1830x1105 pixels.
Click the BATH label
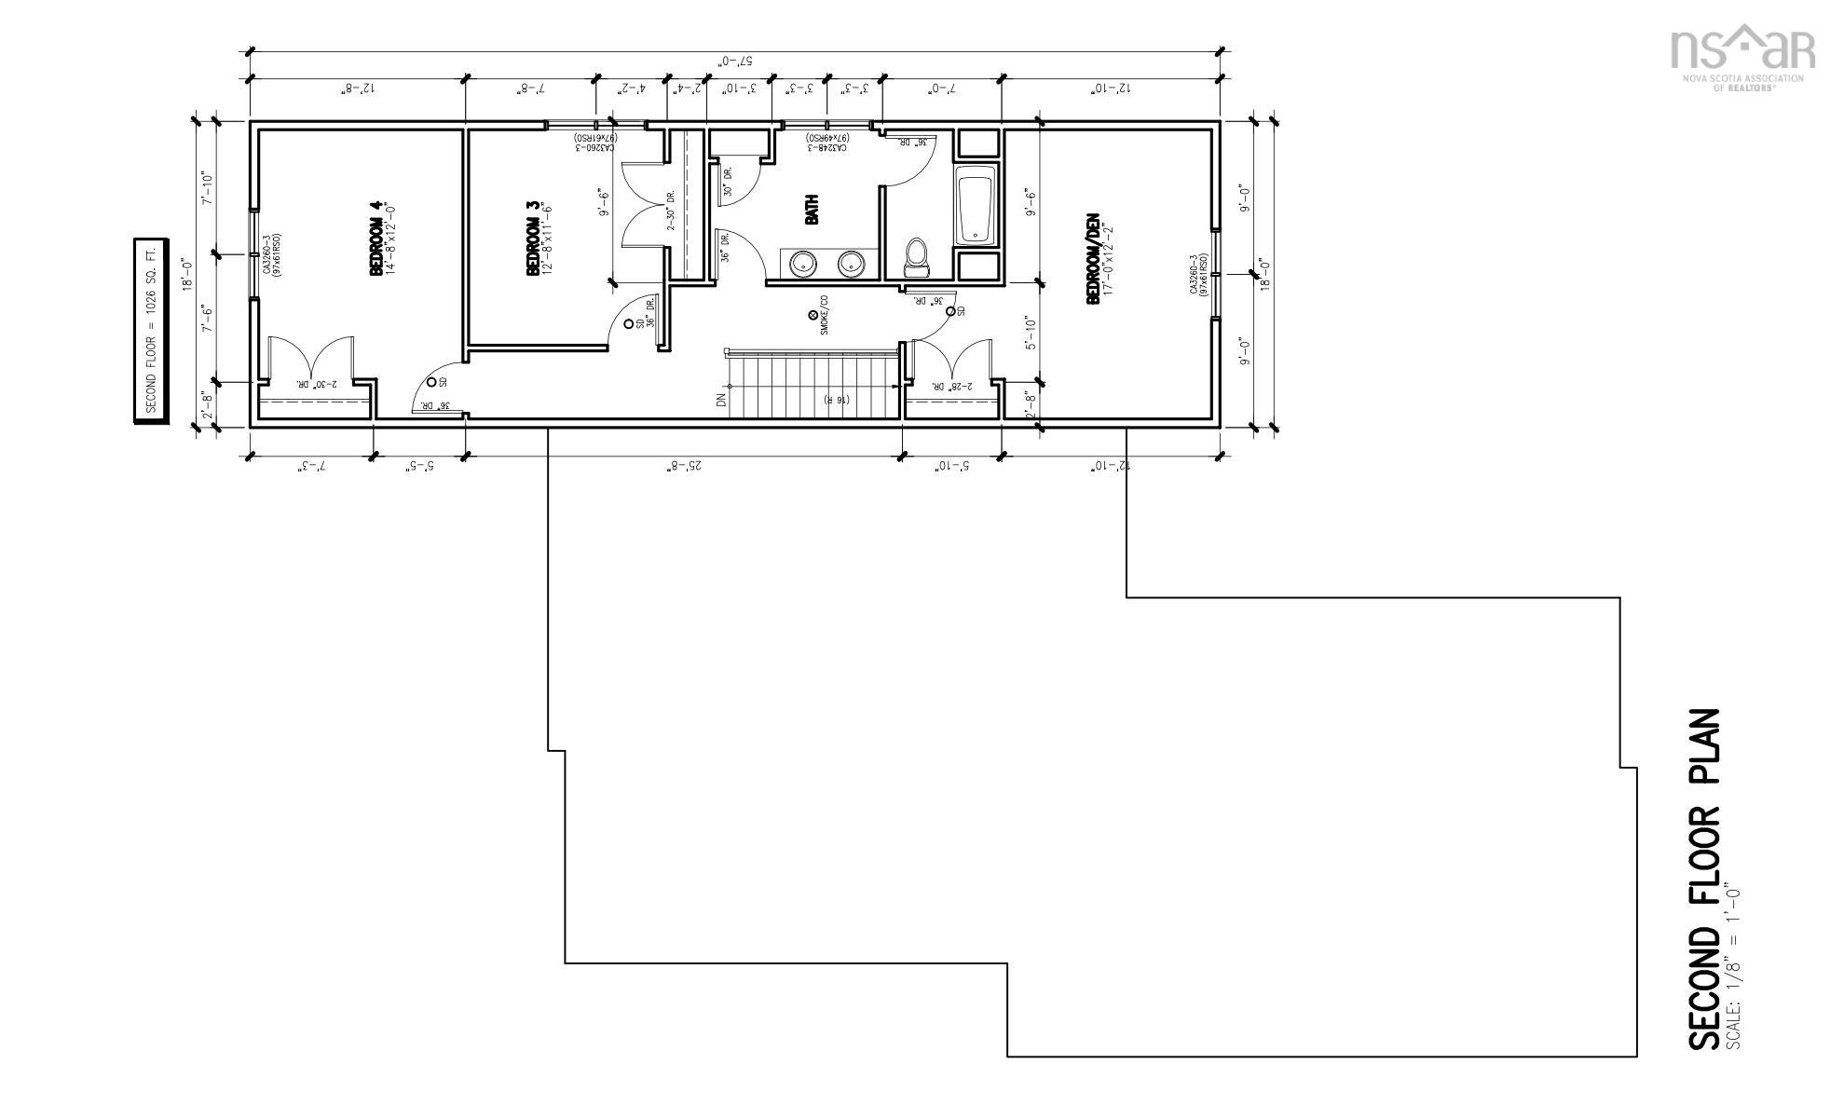point(812,210)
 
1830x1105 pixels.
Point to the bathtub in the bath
point(976,205)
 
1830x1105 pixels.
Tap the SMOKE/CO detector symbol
point(813,316)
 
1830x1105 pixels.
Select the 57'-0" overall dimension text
point(735,61)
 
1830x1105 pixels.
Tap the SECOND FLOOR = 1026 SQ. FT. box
point(151,331)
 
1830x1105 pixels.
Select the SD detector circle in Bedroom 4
point(431,382)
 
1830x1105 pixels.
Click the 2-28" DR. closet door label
point(958,385)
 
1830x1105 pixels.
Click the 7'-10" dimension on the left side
point(208,188)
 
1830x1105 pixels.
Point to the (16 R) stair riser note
point(836,400)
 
